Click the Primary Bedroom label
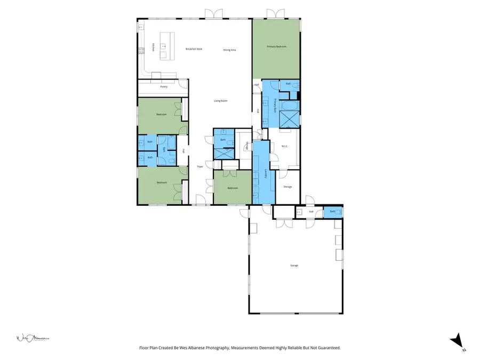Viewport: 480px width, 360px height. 276,47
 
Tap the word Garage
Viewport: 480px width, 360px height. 294,265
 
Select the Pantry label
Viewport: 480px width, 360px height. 164,86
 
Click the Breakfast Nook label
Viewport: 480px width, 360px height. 194,49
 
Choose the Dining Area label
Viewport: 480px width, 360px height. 229,50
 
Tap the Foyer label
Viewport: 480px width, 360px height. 200,167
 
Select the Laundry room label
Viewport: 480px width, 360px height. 266,173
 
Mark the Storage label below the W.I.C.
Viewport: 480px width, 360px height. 287,187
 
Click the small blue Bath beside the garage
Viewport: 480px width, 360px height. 333,212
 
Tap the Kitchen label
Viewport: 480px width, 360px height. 154,47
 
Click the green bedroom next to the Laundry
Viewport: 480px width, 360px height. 233,188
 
